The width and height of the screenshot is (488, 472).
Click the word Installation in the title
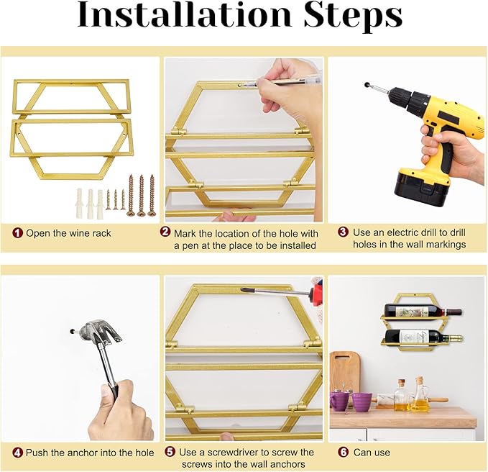click(184, 15)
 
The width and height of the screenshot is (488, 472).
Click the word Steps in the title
click(353, 17)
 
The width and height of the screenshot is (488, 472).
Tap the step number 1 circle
click(18, 233)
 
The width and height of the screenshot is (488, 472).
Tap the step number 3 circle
click(344, 232)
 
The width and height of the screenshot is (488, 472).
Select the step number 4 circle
click(18, 453)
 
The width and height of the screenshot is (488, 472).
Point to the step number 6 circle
click(344, 452)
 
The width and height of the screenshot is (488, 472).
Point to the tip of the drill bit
click(367, 84)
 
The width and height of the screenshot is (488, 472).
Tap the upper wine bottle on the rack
click(423, 312)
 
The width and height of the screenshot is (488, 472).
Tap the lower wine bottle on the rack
click(423, 337)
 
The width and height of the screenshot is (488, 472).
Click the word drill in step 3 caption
click(459, 232)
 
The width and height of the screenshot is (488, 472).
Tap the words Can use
click(372, 453)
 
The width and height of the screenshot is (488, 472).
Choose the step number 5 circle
click(170, 452)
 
